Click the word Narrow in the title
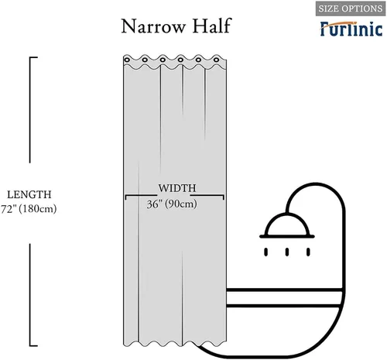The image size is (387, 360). click(153, 26)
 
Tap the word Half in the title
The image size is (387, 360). click(211, 26)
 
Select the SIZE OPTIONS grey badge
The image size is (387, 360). click(351, 9)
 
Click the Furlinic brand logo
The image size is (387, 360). click(351, 29)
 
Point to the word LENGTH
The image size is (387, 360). click(29, 194)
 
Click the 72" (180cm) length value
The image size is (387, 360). click(29, 209)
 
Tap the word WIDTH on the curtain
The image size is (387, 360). click(177, 188)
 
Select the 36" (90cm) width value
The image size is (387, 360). click(172, 204)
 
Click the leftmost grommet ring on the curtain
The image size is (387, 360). click(127, 60)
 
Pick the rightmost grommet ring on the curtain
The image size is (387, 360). click(216, 60)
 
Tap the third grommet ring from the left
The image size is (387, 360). click(163, 60)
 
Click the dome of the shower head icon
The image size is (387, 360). click(287, 225)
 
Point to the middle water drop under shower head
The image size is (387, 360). click(287, 252)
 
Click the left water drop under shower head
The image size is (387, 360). click(266, 252)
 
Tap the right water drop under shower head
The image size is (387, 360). click(308, 252)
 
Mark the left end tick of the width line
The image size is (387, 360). click(125, 197)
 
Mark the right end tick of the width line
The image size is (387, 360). click(224, 197)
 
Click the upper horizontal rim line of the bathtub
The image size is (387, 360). click(284, 290)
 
